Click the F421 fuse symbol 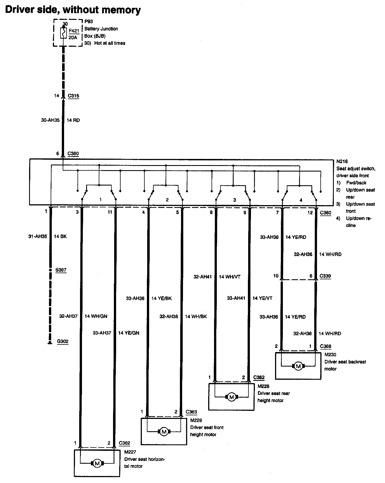(x=64, y=33)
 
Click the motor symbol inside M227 (x=97, y=463)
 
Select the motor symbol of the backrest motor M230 (x=298, y=366)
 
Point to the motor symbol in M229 (x=164, y=432)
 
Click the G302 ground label (x=63, y=341)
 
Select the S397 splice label (x=61, y=270)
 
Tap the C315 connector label (x=73, y=96)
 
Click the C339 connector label (x=325, y=276)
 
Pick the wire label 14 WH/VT (x=229, y=277)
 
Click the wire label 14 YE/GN (x=128, y=333)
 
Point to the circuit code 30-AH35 (x=50, y=120)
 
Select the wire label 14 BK (x=60, y=236)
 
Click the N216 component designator (x=342, y=161)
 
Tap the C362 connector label (x=124, y=443)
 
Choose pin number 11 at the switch (x=110, y=212)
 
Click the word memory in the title (x=121, y=10)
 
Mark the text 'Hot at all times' (x=110, y=43)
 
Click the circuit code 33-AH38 (x=135, y=298)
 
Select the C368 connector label (x=325, y=346)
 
